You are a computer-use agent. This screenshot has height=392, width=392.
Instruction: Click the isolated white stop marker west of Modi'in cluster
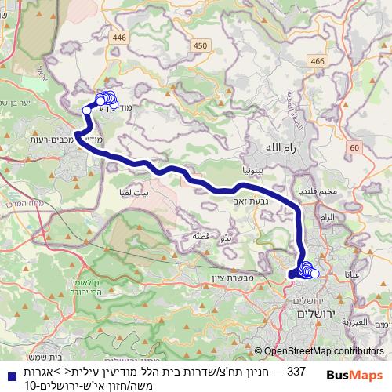click(86, 111)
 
